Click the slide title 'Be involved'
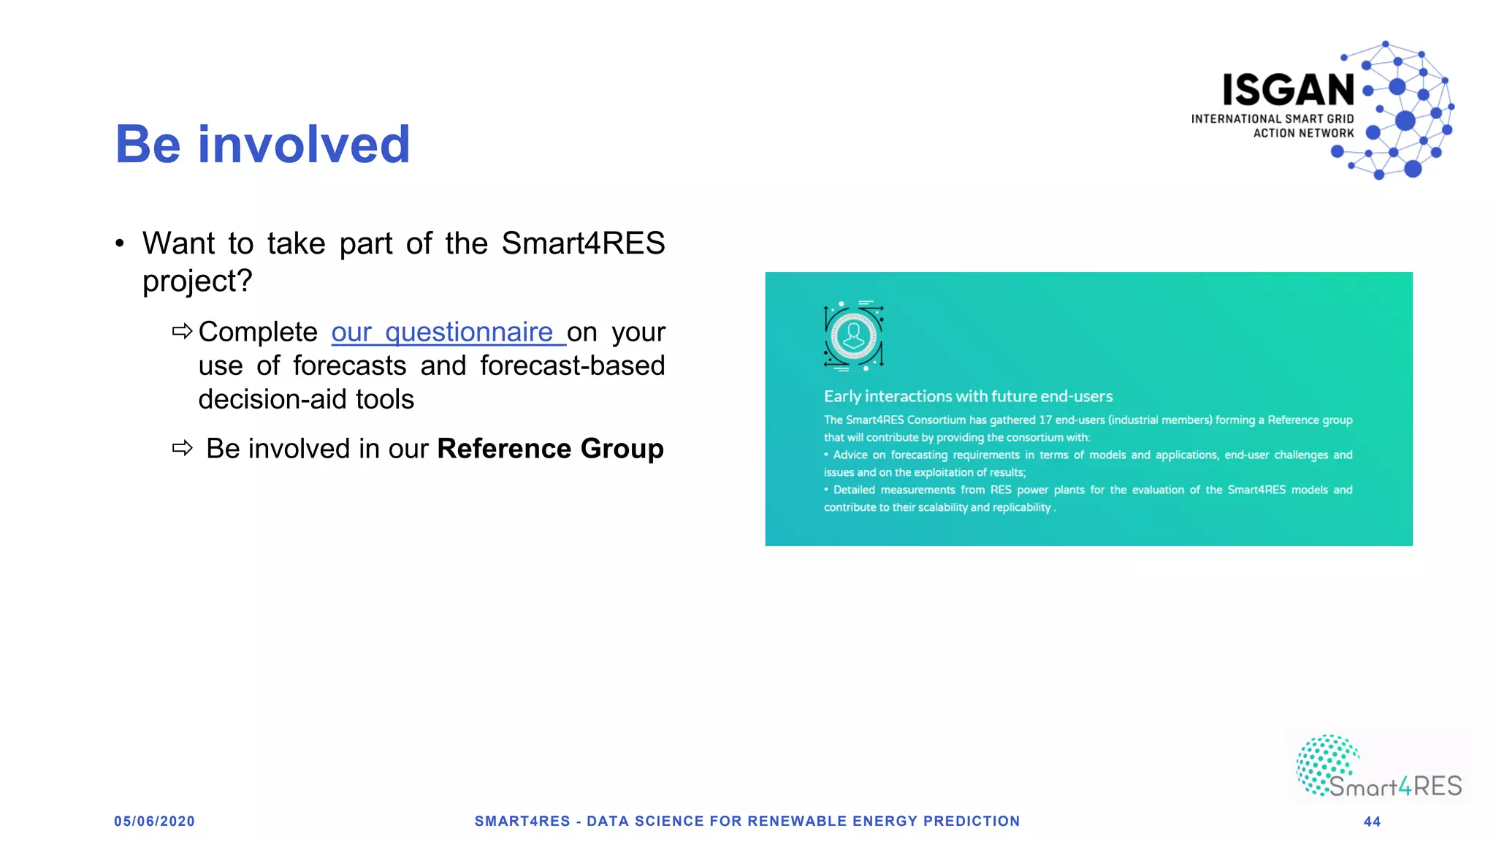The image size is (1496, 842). tap(262, 144)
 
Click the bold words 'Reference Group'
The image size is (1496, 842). tap(550, 449)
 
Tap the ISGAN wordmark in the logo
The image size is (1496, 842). tap(1288, 90)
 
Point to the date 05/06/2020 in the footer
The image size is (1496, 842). tap(154, 822)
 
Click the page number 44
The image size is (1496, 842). tap(1372, 822)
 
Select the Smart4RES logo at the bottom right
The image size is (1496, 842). tap(1378, 767)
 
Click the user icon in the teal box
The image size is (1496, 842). tap(853, 336)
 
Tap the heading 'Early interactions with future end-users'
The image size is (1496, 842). tap(968, 396)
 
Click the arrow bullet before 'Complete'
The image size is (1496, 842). tap(183, 332)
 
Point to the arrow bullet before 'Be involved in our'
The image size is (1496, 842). tap(183, 448)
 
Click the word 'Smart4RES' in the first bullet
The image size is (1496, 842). tap(583, 243)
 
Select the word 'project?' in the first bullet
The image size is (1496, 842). tap(197, 281)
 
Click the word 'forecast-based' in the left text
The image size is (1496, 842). tap(572, 365)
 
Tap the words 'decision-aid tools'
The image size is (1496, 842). tap(306, 400)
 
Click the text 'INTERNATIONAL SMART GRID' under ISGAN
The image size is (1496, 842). tap(1272, 119)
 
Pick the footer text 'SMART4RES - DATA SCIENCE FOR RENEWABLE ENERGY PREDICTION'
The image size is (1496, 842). tap(747, 822)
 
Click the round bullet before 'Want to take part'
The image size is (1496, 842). tap(120, 243)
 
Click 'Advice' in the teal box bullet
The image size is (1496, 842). tap(850, 455)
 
